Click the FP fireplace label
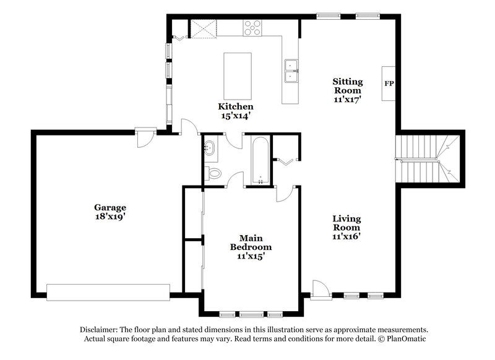coord(389,83)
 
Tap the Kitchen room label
coord(235,106)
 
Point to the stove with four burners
coord(252,27)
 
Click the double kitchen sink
coord(290,71)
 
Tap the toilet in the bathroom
coord(214,173)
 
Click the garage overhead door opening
coord(109,292)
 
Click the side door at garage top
coord(144,136)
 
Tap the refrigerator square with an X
coord(202,28)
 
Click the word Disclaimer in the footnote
coord(99,330)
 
